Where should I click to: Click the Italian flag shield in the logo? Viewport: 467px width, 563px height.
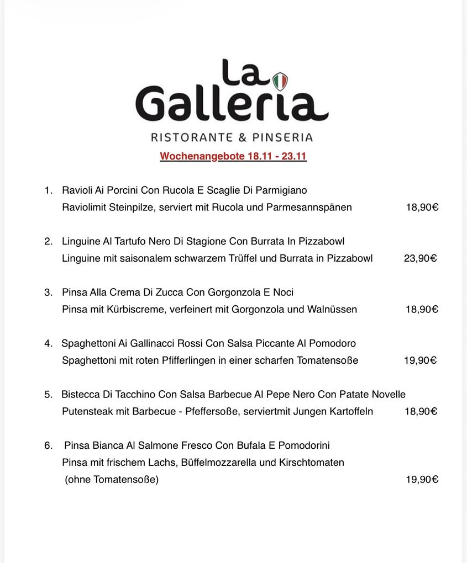[280, 82]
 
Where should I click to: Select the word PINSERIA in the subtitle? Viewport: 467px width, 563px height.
[283, 137]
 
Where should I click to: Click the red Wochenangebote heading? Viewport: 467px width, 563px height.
[233, 156]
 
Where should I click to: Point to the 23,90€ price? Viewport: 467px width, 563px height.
[420, 258]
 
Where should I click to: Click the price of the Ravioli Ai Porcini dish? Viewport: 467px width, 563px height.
[422, 208]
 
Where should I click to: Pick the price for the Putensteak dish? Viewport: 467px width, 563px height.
[421, 411]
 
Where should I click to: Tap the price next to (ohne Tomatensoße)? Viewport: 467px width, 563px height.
[422, 480]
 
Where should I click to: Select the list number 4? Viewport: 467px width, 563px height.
[48, 343]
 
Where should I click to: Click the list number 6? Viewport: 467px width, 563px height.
[48, 445]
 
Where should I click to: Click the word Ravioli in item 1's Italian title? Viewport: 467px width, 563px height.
[77, 190]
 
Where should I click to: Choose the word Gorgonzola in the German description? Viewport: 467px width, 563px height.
[258, 309]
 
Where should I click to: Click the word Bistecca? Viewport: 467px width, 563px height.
[81, 395]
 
